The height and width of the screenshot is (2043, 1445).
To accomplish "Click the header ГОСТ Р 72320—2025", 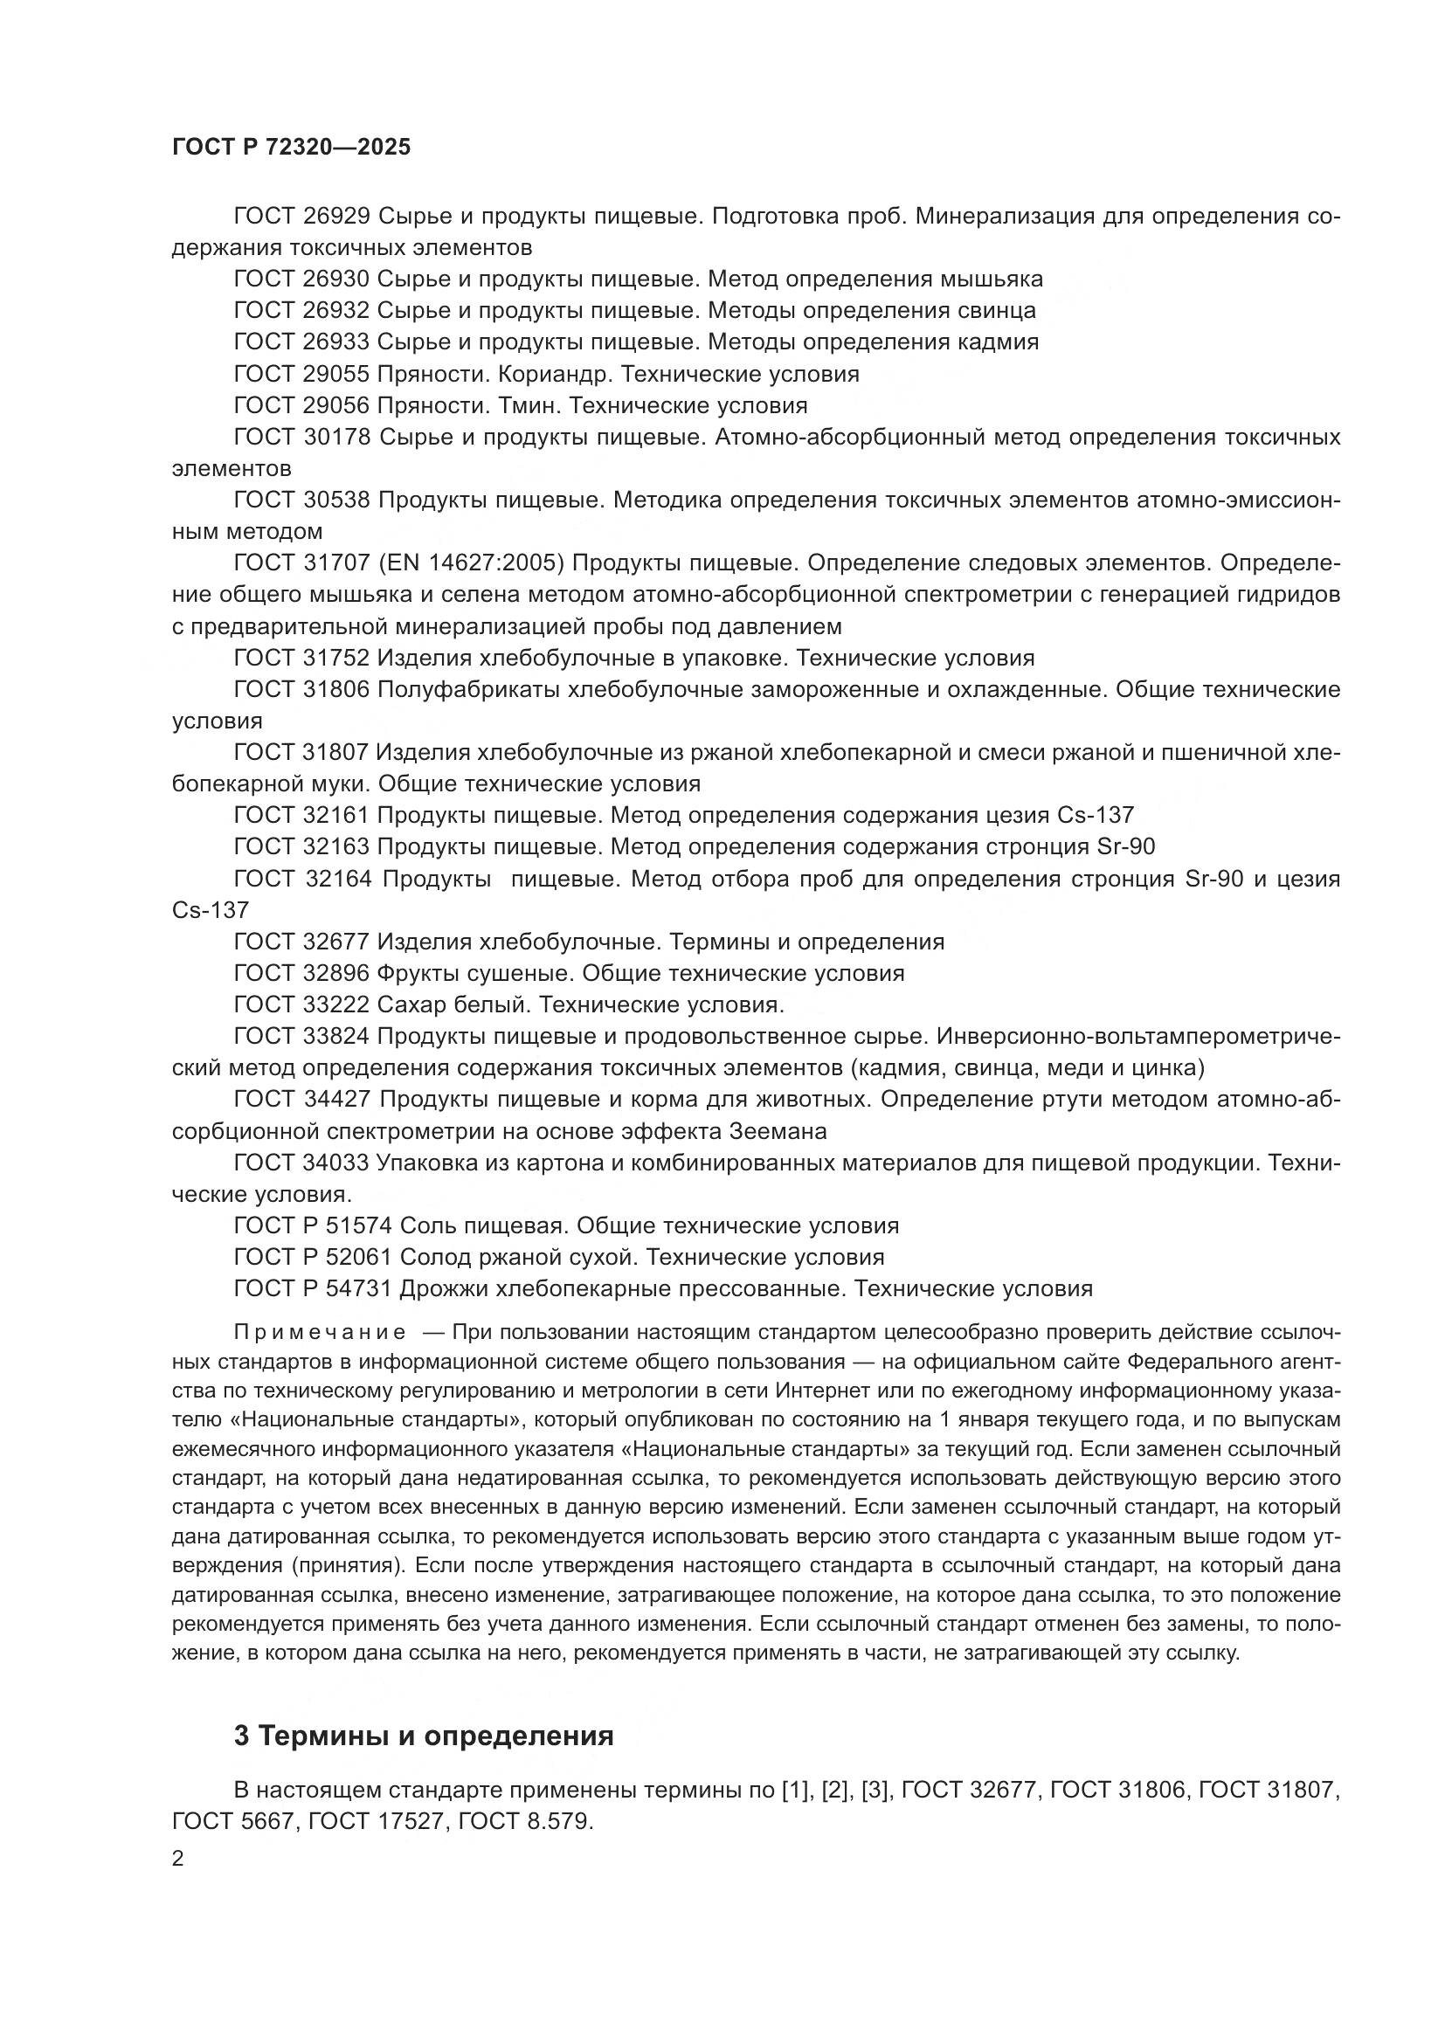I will [291, 148].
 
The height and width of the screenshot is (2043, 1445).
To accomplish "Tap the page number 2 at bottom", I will [178, 1859].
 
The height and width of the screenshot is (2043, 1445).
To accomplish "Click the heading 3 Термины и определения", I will [424, 1736].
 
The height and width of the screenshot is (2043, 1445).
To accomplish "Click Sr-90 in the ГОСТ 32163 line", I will [1126, 846].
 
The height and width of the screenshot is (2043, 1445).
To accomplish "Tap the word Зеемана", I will [777, 1132].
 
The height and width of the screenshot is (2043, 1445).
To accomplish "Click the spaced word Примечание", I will [320, 1332].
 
